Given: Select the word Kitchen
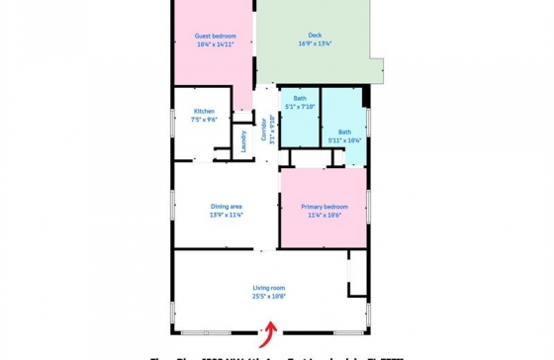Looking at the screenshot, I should [x=204, y=111].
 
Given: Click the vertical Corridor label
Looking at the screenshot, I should [x=264, y=129].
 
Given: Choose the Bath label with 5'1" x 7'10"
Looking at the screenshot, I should [x=299, y=99].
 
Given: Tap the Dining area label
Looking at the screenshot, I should [x=227, y=207].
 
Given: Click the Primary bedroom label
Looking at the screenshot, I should [x=324, y=207].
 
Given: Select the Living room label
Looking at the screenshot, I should [x=268, y=288].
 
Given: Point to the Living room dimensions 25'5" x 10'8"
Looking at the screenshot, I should [x=268, y=296].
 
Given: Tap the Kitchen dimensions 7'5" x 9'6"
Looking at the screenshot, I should [x=204, y=118].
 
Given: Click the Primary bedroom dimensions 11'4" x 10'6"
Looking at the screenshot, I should [x=324, y=215].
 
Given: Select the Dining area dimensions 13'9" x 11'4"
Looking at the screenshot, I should [x=227, y=215].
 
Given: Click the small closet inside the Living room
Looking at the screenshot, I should [x=357, y=273].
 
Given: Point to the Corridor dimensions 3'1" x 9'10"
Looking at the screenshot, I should [x=271, y=129].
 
